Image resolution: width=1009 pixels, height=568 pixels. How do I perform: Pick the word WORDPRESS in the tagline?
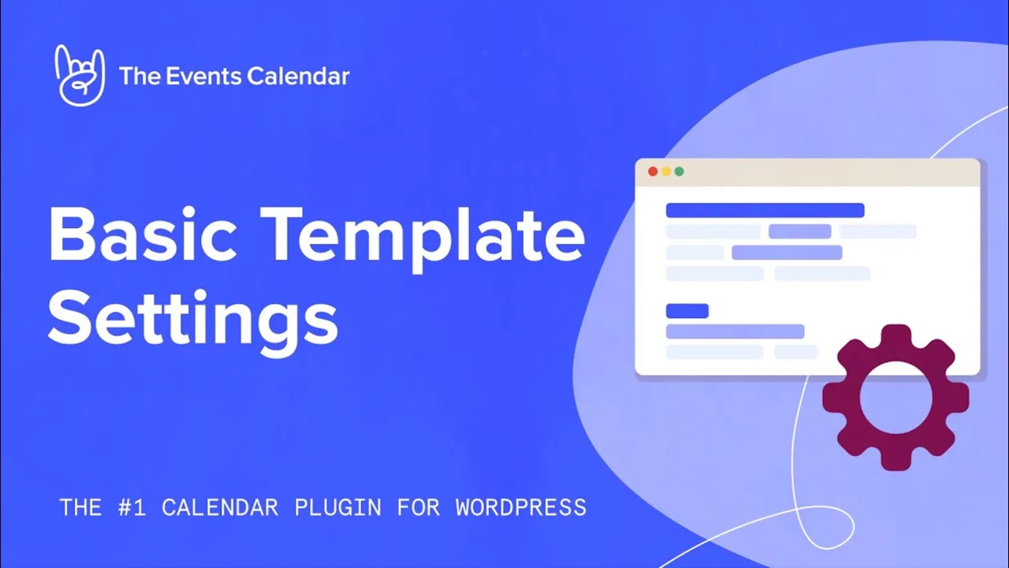pos(521,507)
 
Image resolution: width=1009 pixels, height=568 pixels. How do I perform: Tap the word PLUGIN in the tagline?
pos(338,507)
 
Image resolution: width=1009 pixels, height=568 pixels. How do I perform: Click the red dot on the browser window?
pos(653,171)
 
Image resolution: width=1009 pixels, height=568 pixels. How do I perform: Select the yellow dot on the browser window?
pos(666,171)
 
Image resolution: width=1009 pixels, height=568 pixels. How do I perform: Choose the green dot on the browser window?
pos(679,171)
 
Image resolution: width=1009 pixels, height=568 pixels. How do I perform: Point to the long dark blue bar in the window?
pos(765,211)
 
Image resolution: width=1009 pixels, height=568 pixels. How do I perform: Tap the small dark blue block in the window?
pos(687,311)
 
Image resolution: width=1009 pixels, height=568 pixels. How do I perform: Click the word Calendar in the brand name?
pos(298,77)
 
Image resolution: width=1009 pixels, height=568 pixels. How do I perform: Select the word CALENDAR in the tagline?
pos(220,507)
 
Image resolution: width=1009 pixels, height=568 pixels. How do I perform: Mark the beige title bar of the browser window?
pos(828,172)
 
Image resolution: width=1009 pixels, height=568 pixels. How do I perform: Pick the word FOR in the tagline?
pos(418,507)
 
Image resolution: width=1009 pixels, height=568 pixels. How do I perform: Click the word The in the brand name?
pos(135,77)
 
